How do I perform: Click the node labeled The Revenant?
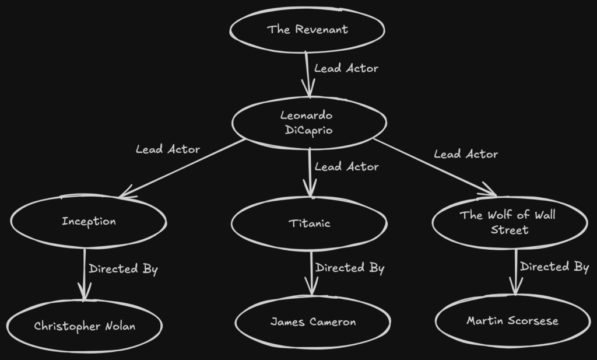pos(307,29)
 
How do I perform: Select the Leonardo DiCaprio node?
pos(309,123)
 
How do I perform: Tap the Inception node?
pos(89,222)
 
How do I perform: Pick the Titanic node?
pos(309,223)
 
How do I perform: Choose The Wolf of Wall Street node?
pos(508,222)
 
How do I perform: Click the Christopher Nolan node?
pos(85,326)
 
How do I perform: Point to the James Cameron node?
pos(312,322)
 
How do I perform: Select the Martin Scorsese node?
pos(512,321)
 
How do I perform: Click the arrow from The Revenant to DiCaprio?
pos(307,73)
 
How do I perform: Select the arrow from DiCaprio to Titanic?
pos(310,172)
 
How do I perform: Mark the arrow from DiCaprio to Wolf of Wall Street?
pos(434,167)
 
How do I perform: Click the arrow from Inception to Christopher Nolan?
pos(85,274)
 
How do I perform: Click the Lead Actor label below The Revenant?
pos(346,68)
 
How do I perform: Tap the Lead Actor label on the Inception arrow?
pos(168,149)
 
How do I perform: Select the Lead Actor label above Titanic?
pos(346,167)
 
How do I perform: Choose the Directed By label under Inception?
pos(123,269)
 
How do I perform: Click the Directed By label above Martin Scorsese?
pos(554,267)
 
